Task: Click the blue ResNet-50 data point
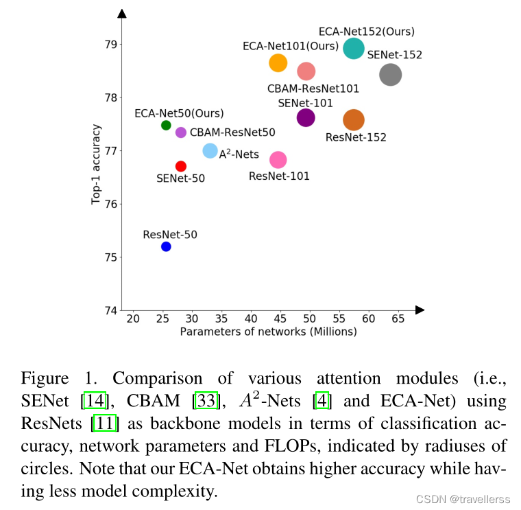click(x=166, y=246)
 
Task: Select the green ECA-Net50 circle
click(x=166, y=125)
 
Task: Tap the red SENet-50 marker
click(x=181, y=166)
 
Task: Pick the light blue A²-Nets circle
click(x=210, y=151)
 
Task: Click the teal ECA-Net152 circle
click(x=354, y=48)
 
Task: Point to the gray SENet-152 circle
click(x=390, y=75)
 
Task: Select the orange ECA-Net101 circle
click(x=278, y=63)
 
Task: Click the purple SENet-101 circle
click(x=306, y=117)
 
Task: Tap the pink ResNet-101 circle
click(x=278, y=160)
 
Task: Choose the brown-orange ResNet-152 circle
click(x=354, y=120)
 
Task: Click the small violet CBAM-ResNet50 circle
click(x=181, y=132)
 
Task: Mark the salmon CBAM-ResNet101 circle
click(x=306, y=71)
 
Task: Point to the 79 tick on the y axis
click(x=110, y=45)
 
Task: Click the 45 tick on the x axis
click(x=280, y=319)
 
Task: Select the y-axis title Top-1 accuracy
click(x=97, y=165)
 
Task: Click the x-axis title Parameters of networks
click(x=268, y=332)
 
